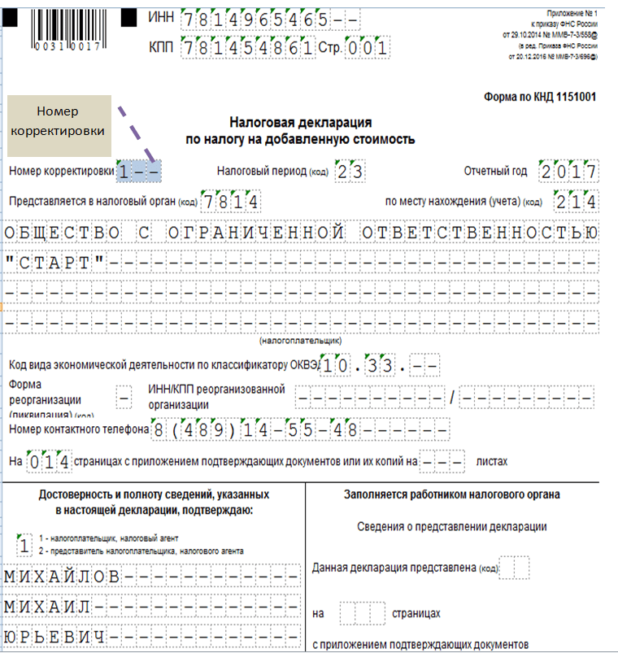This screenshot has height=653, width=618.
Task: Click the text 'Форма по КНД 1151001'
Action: pyautogui.click(x=541, y=97)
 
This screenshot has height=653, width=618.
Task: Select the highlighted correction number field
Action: pyautogui.click(x=138, y=171)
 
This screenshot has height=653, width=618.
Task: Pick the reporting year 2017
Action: pyautogui.click(x=568, y=171)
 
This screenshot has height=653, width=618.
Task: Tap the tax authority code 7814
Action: pyautogui.click(x=231, y=201)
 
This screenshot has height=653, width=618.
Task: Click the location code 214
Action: pyautogui.click(x=577, y=201)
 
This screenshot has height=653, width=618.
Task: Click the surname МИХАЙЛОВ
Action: pyautogui.click(x=63, y=577)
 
